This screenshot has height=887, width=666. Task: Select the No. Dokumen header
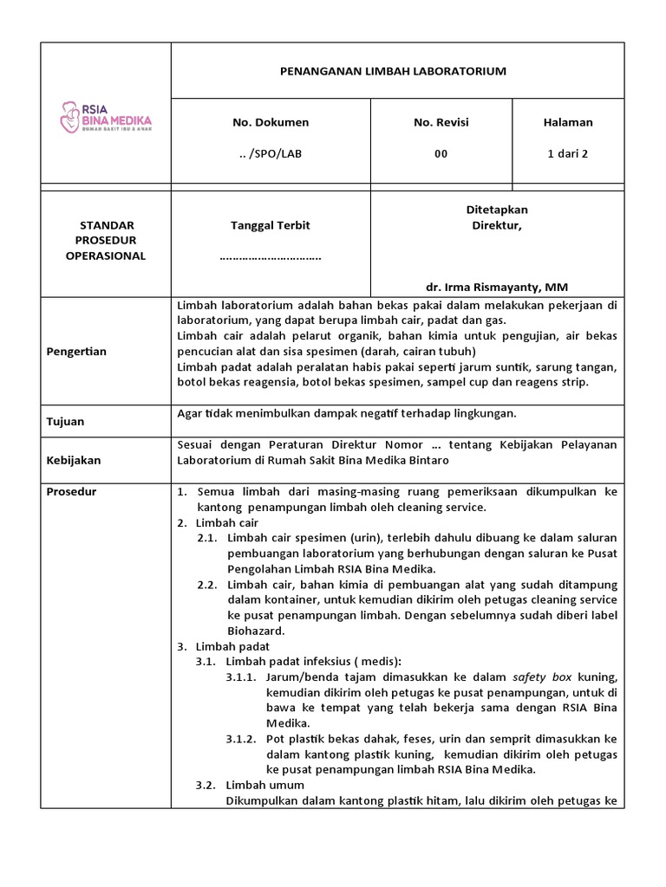click(271, 122)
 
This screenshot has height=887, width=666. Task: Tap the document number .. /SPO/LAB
click(271, 153)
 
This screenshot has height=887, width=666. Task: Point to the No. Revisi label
click(441, 122)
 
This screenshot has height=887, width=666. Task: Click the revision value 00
click(441, 153)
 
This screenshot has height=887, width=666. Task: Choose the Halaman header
click(568, 122)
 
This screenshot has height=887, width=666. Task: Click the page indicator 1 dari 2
click(568, 153)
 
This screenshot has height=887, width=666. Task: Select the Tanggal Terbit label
click(271, 225)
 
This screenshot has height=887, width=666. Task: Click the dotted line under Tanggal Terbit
click(271, 256)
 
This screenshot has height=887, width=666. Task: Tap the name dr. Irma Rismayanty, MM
click(497, 287)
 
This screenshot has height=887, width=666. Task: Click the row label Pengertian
click(77, 352)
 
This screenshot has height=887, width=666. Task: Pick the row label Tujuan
click(65, 421)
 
